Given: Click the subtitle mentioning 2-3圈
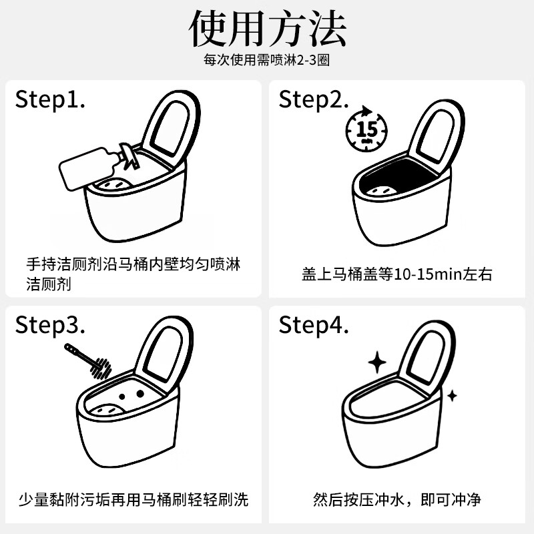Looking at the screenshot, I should pos(267,60).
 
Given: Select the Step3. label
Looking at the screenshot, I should pos(51,325).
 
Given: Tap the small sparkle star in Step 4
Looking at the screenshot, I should pos(452,395).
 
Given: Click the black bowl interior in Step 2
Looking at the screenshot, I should pos(387,184).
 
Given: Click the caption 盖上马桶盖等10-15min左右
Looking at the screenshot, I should pos(396,274).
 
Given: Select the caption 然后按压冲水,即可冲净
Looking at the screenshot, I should pos(396,499).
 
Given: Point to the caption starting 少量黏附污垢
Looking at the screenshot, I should pos(133,499).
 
